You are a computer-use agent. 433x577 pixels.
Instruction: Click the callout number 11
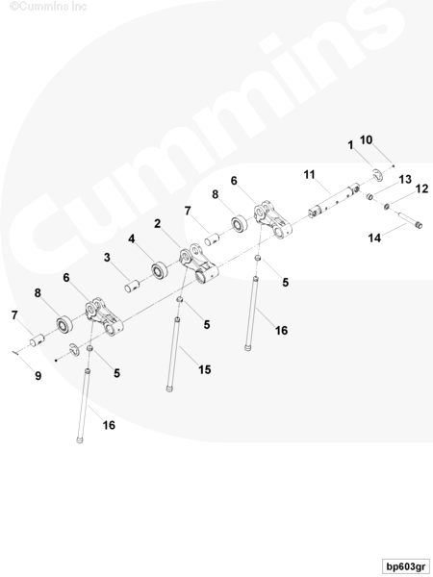click(x=309, y=174)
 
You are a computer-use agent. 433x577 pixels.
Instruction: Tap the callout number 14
click(x=374, y=238)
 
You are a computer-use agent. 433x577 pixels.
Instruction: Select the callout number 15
click(x=205, y=369)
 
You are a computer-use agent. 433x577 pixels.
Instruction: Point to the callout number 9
click(x=38, y=376)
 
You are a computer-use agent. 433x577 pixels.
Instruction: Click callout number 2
click(x=158, y=223)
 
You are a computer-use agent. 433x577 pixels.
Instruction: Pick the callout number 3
click(x=107, y=257)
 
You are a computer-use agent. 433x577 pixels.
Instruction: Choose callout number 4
click(x=132, y=238)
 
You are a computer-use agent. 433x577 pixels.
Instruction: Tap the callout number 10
click(x=366, y=139)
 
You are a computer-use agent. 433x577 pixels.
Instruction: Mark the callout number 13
click(x=405, y=179)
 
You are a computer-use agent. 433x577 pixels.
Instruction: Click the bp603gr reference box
click(x=405, y=565)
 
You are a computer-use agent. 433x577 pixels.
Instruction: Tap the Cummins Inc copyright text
click(x=48, y=7)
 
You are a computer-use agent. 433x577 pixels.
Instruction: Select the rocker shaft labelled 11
click(x=334, y=200)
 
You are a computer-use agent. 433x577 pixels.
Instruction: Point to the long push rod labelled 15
click(x=173, y=354)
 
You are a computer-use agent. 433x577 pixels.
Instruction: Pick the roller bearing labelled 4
click(x=160, y=269)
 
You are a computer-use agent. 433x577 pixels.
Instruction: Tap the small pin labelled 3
click(x=132, y=286)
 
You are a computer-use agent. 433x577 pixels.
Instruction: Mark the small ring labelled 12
click(x=387, y=206)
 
